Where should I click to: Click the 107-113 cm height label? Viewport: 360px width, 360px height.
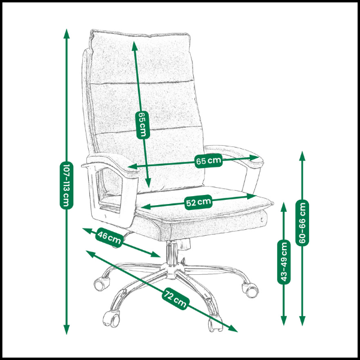tap(67, 185)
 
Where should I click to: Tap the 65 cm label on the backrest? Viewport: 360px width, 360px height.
tap(143, 125)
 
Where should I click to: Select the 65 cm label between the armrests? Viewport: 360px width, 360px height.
tap(208, 161)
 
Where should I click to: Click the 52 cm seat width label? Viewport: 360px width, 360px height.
tap(198, 202)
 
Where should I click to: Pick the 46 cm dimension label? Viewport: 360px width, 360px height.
tap(109, 238)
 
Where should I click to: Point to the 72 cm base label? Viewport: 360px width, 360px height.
tap(175, 298)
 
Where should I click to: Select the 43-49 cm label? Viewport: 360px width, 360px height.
tap(284, 262)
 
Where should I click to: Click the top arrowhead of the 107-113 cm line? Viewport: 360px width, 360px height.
tap(67, 34)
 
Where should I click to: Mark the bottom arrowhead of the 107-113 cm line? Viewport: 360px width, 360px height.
tap(67, 329)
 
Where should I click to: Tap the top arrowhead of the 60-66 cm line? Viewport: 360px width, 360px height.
tap(302, 155)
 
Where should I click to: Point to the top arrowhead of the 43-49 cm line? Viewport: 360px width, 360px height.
tap(284, 206)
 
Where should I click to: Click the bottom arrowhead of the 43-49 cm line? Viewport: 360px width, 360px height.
tap(284, 321)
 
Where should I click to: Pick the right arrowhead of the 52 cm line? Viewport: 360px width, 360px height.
tap(251, 196)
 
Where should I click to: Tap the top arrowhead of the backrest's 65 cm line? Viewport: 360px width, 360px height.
tap(134, 46)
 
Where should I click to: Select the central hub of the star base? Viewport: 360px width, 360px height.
tap(171, 271)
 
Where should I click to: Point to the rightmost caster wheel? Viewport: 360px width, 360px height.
tap(251, 290)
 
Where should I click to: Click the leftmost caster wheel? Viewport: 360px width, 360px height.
tap(101, 284)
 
